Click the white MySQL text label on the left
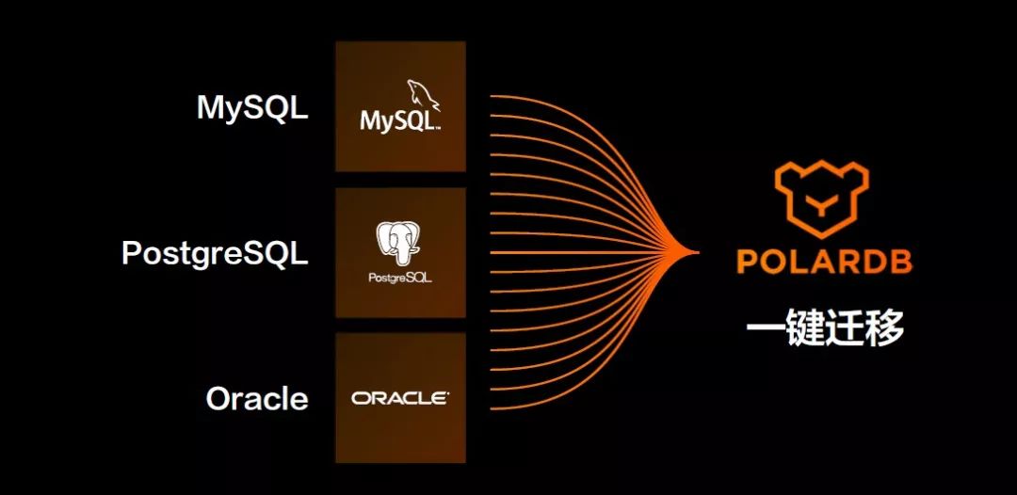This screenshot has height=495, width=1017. pyautogui.click(x=252, y=108)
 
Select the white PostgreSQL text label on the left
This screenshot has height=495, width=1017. pyautogui.click(x=215, y=254)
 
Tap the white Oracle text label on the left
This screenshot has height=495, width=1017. pyautogui.click(x=257, y=399)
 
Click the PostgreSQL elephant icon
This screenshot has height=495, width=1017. pyautogui.click(x=400, y=243)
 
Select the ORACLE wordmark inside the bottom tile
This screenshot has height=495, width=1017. pyautogui.click(x=400, y=398)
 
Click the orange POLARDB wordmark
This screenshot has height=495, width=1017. pyautogui.click(x=824, y=262)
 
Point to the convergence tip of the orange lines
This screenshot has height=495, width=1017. pyautogui.click(x=697, y=252)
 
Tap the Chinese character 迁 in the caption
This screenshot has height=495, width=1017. pyautogui.click(x=845, y=328)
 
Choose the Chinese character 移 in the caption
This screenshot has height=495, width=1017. pyautogui.click(x=885, y=328)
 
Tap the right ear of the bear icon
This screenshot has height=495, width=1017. pyautogui.click(x=856, y=173)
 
